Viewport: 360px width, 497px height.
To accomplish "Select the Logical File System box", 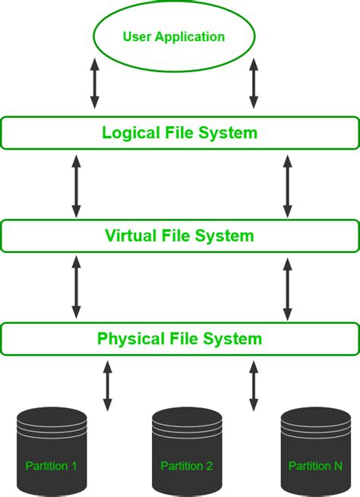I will (x=179, y=133).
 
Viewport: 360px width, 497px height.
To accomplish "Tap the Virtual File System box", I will (x=179, y=236).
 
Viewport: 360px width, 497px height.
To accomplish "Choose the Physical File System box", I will (x=179, y=339).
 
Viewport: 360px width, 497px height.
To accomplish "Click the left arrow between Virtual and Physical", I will (x=76, y=287).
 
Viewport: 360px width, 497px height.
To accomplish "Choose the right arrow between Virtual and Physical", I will (x=287, y=287).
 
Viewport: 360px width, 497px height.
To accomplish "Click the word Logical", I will (x=131, y=133).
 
